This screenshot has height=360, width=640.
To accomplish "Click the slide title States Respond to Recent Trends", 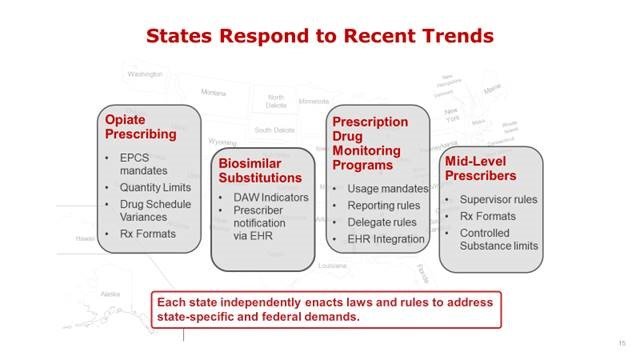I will click(x=319, y=36).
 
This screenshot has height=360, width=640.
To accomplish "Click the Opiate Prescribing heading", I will click(x=141, y=126).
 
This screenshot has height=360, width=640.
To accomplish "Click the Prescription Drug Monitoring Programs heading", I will click(x=370, y=144).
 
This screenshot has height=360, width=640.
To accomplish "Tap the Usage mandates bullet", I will click(x=387, y=188).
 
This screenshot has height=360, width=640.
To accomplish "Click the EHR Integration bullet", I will click(x=385, y=239).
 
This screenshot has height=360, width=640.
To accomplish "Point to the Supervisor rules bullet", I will click(x=498, y=199).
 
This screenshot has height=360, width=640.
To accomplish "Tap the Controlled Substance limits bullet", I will click(x=498, y=239).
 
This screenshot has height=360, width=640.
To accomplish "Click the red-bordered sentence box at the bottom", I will click(x=325, y=307).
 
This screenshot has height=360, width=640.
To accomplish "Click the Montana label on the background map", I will click(x=213, y=92).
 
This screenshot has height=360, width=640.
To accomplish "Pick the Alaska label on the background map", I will click(x=111, y=294).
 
